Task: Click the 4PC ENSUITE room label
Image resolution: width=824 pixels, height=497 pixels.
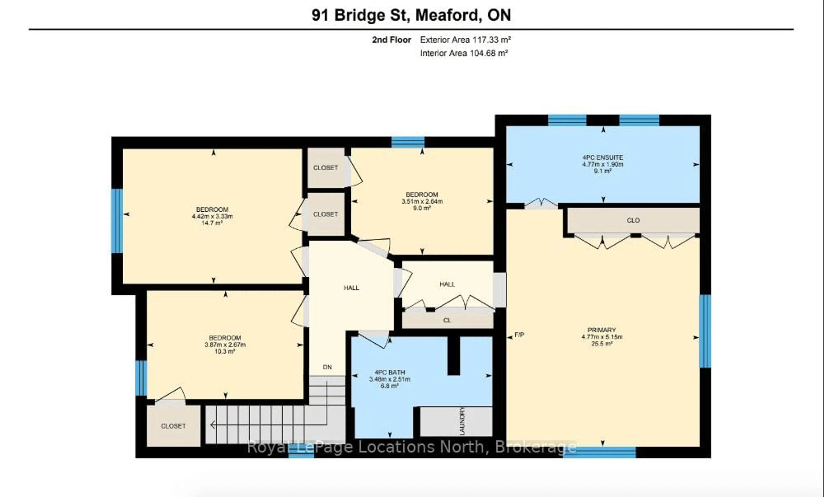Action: tap(603, 157)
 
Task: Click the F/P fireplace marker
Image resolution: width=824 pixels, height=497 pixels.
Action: tap(519, 335)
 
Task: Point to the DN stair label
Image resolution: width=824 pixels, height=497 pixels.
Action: tap(327, 367)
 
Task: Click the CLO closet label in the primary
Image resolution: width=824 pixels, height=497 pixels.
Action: tap(633, 220)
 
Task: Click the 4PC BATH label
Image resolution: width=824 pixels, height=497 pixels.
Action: tap(390, 372)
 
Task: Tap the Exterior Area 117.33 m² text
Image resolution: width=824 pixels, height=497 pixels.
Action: tap(465, 40)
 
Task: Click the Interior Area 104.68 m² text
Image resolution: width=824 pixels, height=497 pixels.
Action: tap(464, 53)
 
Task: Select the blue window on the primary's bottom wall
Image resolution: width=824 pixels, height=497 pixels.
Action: tap(599, 452)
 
